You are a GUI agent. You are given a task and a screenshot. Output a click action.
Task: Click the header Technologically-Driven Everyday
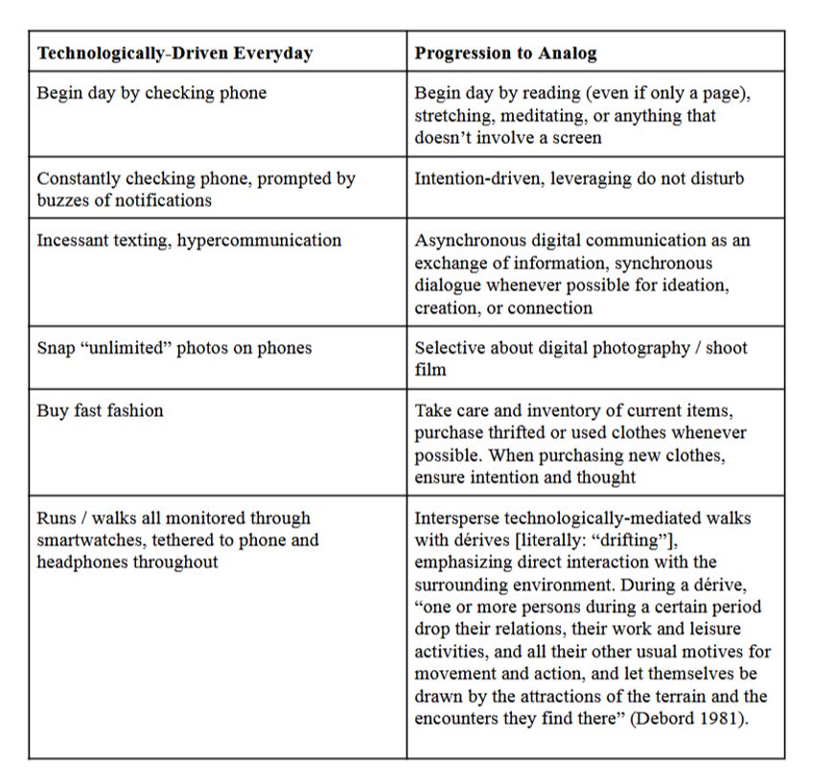coord(174,54)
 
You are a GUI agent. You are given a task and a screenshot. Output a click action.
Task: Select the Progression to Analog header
coord(505,54)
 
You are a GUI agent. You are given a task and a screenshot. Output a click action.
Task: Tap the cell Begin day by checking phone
coord(151,94)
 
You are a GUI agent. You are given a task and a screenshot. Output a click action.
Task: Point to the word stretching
coord(454,116)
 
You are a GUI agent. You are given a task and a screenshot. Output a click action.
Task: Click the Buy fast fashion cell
coord(101,410)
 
